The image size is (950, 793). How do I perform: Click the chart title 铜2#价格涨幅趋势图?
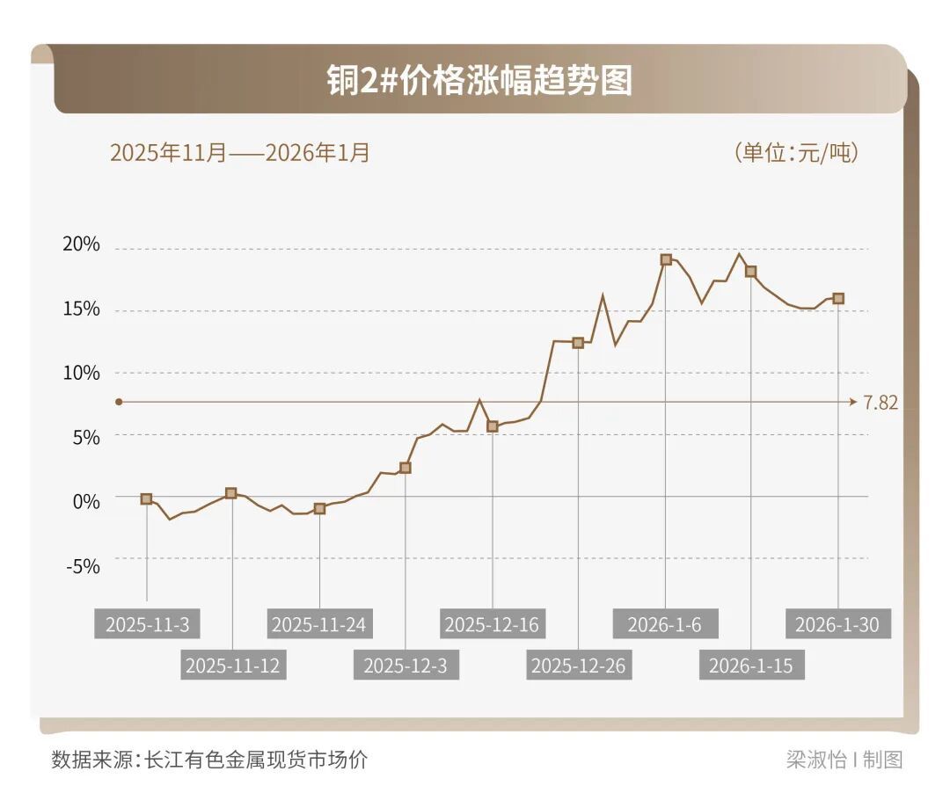click(479, 81)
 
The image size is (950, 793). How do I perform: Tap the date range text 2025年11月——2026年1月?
click(239, 153)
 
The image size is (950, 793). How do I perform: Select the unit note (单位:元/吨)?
click(795, 153)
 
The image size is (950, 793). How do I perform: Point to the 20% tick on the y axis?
click(82, 245)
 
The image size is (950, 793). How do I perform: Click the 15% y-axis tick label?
click(82, 309)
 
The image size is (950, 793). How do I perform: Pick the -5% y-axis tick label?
click(84, 565)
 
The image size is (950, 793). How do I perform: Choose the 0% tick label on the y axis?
click(85, 501)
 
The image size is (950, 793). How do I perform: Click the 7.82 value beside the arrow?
click(881, 403)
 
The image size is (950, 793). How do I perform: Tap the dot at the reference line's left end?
click(119, 402)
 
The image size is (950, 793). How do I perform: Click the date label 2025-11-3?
click(147, 625)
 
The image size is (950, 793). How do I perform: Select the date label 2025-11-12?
click(232, 666)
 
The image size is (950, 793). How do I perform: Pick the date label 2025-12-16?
click(491, 625)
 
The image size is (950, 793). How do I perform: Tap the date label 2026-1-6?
click(665, 625)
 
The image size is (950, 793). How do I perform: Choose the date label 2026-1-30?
click(837, 625)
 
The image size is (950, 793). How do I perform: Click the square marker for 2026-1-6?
click(666, 259)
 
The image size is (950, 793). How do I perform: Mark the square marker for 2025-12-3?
click(406, 468)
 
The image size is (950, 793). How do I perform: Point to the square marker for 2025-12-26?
click(578, 343)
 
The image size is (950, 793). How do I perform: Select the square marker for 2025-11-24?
click(319, 508)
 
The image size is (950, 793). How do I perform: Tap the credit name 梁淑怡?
click(815, 760)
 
